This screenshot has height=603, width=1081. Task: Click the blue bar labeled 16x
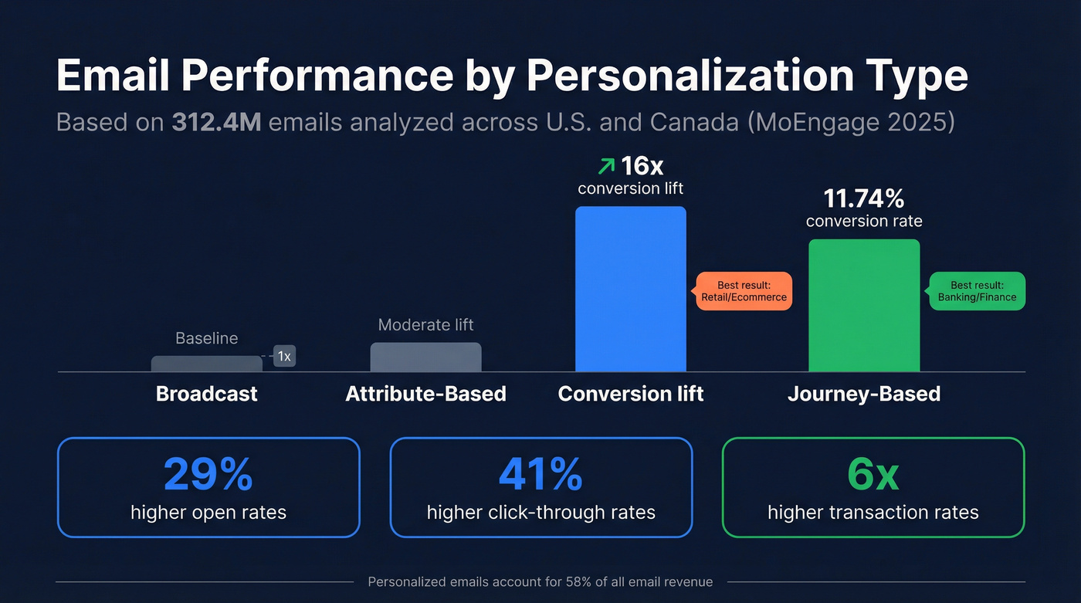coord(630,290)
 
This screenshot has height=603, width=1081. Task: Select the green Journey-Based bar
coord(863,307)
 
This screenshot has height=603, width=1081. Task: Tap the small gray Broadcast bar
coord(206,364)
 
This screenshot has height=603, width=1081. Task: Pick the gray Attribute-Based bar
coord(425,357)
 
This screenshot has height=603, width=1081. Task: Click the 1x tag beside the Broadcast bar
coord(284,356)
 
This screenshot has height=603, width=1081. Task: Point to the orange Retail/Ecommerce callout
coord(744,291)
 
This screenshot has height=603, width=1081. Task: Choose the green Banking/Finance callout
coord(977,291)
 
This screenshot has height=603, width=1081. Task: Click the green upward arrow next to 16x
coord(607,165)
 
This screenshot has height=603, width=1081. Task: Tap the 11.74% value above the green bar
coord(863,199)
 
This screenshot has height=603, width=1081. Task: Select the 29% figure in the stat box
coord(208,475)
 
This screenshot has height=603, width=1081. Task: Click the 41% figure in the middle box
coord(540,475)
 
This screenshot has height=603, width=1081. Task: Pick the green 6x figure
coord(873,475)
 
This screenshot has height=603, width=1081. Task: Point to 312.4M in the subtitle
coord(216,122)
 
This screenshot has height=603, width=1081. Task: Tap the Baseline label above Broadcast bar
coord(206,338)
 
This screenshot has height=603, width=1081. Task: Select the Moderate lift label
coord(425,325)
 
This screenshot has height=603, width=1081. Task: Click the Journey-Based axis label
coord(863,394)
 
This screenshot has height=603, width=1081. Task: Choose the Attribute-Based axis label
coord(425,394)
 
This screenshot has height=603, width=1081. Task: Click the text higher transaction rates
coord(873,512)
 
